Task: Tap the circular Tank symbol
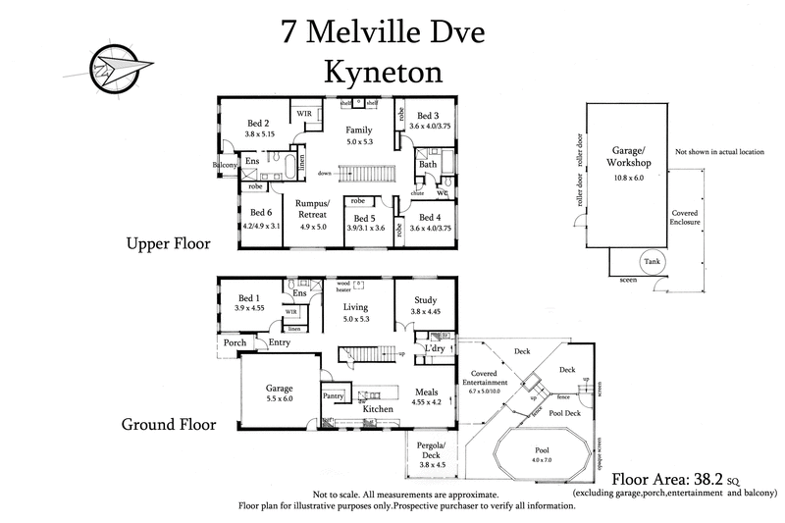click(652, 261)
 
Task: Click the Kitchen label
click(378, 409)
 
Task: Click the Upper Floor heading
click(167, 243)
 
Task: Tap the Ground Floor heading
click(168, 425)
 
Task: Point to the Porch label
click(235, 342)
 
